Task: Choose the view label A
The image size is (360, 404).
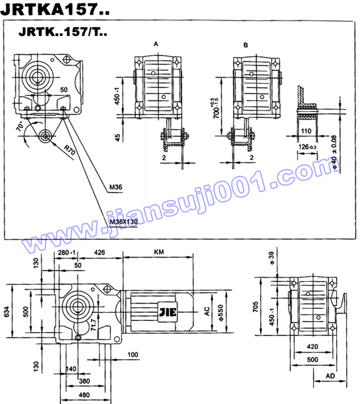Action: (156, 44)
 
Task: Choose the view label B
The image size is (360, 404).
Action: (246, 45)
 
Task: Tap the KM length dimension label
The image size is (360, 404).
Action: (159, 252)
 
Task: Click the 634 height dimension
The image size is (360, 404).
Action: (6, 312)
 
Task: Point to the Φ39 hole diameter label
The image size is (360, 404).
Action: (271, 256)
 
